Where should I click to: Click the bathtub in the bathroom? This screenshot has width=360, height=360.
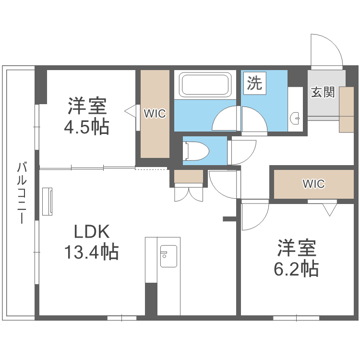pos(205,84)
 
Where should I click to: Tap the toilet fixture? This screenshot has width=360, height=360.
pos(196,151)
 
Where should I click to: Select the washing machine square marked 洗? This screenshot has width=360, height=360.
pos(254,83)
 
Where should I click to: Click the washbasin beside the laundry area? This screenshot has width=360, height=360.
pos(295,119)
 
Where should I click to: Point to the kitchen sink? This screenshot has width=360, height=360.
pos(168,256)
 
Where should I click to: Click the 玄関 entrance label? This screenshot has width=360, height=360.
pos(323,92)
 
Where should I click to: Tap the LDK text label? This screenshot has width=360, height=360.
pos(92,232)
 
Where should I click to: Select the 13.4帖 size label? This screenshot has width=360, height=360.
pos(91,252)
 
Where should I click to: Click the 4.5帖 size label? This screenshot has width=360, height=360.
pos(86,127)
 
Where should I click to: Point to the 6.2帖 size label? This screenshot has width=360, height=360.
pos(296,269)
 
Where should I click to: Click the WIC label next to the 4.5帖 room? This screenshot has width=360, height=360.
pos(155,114)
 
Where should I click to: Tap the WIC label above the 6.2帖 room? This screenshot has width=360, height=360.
pos(313,184)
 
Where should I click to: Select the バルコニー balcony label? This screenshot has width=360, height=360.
pos(22,192)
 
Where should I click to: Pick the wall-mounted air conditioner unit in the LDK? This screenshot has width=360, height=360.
pos(48,202)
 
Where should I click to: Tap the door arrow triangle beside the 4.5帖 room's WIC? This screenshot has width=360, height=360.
pos(130,111)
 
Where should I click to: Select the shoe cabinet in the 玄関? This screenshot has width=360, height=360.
pos(347,110)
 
